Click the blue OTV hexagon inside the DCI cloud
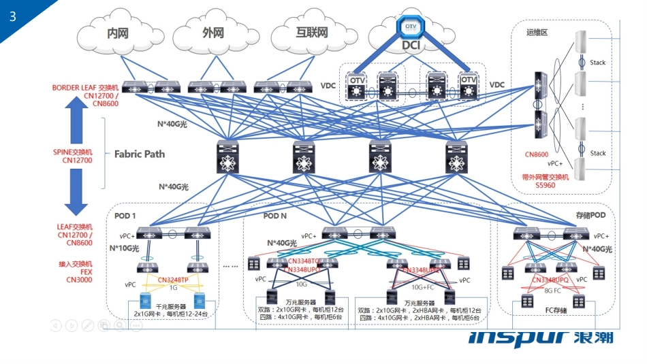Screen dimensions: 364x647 pyautogui.click(x=411, y=26)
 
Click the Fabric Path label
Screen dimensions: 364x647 pyautogui.click(x=140, y=154)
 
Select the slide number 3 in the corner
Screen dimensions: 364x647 pyautogui.click(x=13, y=17)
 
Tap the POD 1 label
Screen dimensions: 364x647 pyautogui.click(x=125, y=216)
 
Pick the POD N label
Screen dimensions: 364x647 pyautogui.click(x=274, y=216)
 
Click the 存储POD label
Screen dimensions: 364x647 pyautogui.click(x=589, y=215)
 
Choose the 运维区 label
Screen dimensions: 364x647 pyautogui.click(x=537, y=33)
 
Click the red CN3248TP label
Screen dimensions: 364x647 pyautogui.click(x=174, y=280)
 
